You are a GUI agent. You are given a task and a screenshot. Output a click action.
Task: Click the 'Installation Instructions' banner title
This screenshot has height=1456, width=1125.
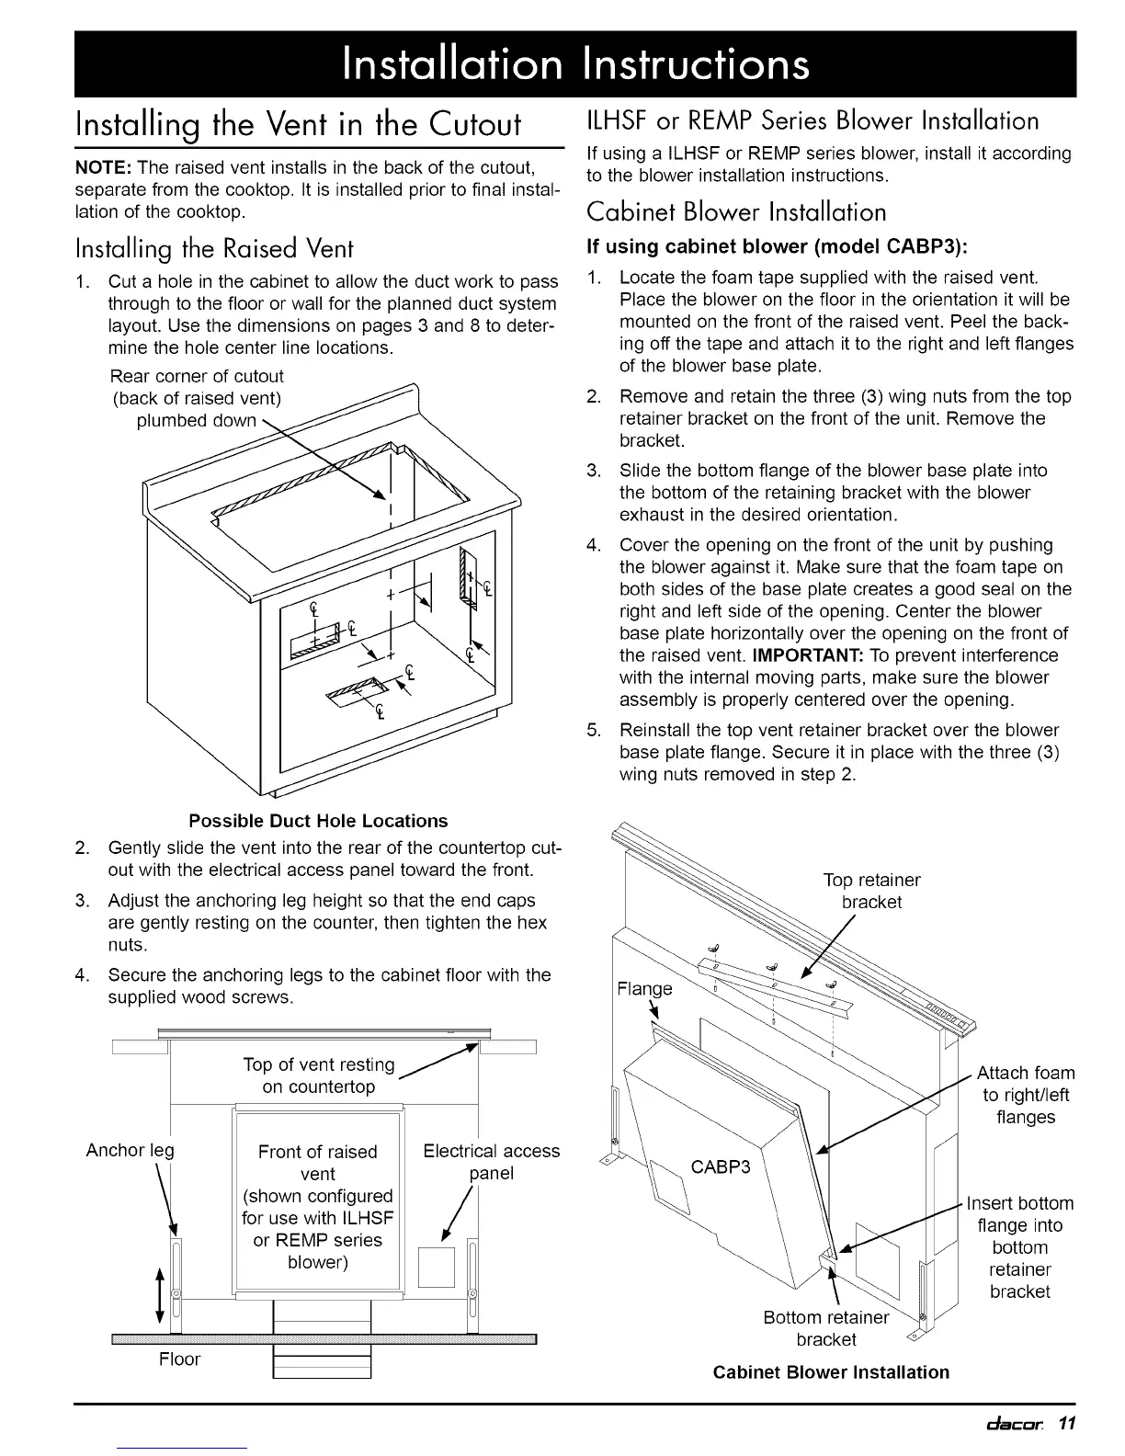[x=574, y=63]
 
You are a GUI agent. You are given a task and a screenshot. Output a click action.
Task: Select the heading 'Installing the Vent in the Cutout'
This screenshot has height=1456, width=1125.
[x=299, y=123]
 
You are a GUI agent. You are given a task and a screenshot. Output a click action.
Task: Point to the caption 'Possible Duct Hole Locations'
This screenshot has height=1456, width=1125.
[x=318, y=821]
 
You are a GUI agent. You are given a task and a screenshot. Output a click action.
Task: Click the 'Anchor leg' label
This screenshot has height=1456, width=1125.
[x=130, y=1150]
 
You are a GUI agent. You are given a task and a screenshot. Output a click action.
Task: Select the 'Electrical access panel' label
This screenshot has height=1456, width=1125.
[x=491, y=1162]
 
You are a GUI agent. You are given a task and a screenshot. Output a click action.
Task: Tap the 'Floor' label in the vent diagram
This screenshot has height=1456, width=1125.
[x=179, y=1359]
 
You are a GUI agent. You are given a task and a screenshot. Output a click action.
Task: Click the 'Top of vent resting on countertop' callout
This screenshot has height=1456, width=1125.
[x=318, y=1075]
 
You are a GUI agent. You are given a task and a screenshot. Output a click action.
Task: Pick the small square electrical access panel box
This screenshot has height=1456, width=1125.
[x=437, y=1268]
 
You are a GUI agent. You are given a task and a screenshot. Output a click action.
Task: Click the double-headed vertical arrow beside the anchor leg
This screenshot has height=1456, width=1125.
[x=162, y=1295]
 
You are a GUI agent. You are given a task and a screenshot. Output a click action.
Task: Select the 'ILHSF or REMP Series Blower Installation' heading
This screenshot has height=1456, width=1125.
[x=812, y=120]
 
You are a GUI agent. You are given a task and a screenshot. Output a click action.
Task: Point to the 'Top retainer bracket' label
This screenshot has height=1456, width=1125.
[x=871, y=891]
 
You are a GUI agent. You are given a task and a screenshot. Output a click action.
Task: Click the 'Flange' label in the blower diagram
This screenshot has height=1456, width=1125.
[x=644, y=989]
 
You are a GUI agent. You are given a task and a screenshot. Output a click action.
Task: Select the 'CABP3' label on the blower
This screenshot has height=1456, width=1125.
[x=721, y=1167]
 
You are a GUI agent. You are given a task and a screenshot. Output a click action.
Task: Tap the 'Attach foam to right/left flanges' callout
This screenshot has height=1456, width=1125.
[x=1025, y=1095]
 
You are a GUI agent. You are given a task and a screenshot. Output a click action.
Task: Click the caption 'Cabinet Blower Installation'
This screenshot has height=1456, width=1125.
[x=831, y=1372]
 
